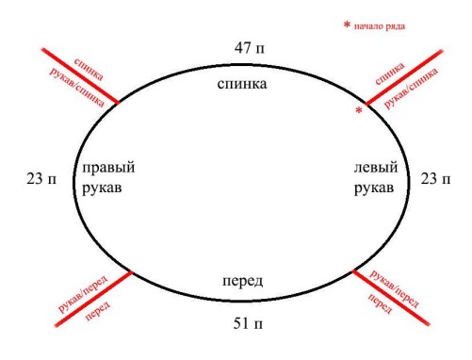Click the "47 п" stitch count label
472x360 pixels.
click(x=251, y=46)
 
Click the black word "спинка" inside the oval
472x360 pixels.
click(x=242, y=85)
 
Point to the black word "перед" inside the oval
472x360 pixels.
click(x=242, y=282)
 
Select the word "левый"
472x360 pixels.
click(x=373, y=168)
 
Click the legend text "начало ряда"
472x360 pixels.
click(x=381, y=25)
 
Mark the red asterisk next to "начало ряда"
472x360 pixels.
click(x=347, y=25)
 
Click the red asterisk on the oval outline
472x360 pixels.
click(x=359, y=112)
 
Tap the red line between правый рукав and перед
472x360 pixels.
click(x=90, y=298)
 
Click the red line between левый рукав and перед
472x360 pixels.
click(x=396, y=297)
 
